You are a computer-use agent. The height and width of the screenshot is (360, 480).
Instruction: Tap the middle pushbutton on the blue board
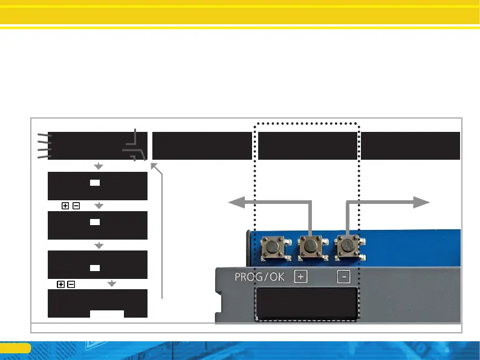click(311, 246)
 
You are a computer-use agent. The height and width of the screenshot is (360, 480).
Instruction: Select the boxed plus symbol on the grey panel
click(301, 277)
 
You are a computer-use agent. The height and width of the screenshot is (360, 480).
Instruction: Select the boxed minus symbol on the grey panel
click(343, 277)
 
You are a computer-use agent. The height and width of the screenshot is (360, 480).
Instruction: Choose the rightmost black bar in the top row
click(410, 145)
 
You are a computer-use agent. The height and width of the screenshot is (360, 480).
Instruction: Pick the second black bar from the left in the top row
click(201, 145)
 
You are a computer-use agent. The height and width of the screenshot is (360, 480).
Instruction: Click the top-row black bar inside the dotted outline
click(307, 145)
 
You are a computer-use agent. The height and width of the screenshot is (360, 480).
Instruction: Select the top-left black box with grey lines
click(91, 145)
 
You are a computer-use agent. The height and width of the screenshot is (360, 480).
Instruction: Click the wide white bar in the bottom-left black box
click(107, 313)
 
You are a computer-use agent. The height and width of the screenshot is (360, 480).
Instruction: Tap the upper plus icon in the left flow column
click(65, 206)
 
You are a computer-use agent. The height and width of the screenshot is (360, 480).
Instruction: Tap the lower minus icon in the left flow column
click(71, 284)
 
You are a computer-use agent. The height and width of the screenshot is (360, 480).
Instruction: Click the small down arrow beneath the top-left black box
click(99, 166)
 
